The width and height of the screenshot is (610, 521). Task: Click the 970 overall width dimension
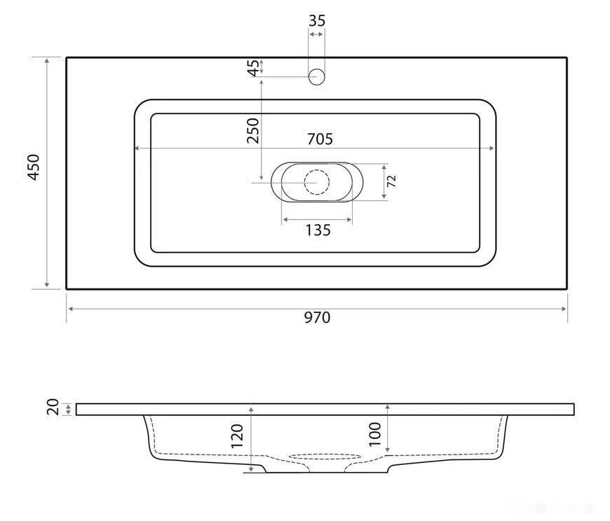316,317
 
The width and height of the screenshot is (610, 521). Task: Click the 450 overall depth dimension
34,168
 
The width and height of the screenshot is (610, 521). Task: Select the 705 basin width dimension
319,139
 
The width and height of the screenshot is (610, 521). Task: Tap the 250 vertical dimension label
252,130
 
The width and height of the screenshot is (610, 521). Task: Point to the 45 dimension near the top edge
252,67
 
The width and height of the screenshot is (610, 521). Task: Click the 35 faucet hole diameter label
317,21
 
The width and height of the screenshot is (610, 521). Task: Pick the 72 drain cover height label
392,181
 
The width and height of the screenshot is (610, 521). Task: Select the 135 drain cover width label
318,230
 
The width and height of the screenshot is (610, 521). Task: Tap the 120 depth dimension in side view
236,436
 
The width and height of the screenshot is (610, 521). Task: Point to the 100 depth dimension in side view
374,433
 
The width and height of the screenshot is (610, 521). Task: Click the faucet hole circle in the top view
317,76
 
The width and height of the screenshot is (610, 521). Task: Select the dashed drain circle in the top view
317,182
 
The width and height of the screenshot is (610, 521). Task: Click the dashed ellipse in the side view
316,456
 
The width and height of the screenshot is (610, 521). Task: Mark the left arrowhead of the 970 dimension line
69,308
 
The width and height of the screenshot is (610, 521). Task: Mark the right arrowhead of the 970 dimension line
564,308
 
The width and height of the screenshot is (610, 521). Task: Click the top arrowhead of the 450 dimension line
47,60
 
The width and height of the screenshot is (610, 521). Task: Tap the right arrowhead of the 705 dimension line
492,148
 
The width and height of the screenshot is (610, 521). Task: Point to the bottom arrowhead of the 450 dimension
47,285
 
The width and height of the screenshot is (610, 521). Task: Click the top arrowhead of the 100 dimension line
387,407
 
